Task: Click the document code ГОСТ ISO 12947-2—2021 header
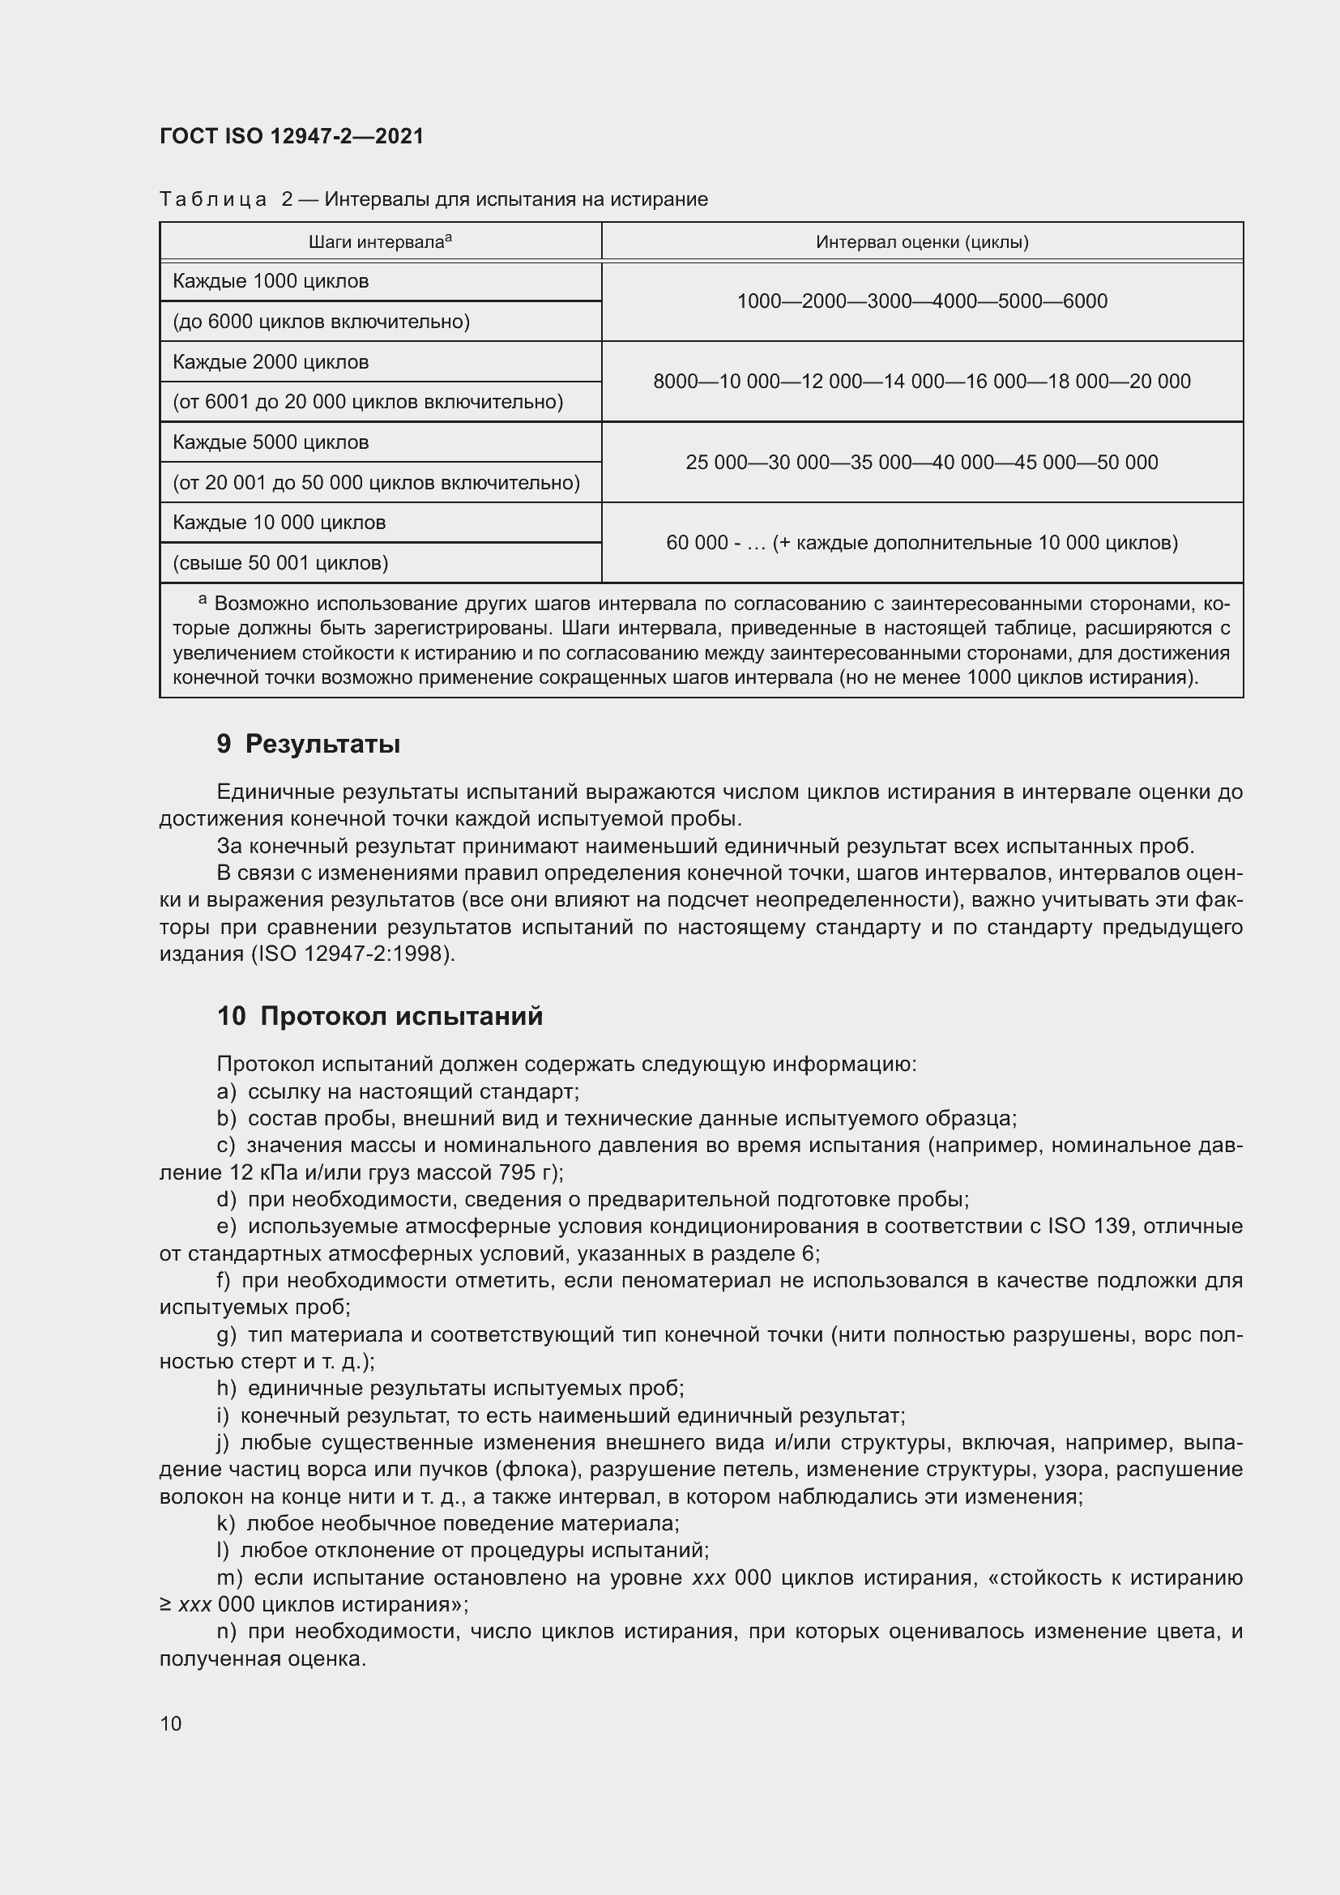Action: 292,136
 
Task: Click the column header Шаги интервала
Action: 379,241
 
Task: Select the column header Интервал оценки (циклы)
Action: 922,241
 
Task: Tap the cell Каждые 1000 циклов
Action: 271,281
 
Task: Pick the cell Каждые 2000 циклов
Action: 271,362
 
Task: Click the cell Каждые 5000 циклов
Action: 271,442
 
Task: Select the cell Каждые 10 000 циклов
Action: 279,523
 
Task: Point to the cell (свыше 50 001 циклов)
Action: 280,563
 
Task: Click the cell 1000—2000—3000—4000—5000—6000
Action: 922,301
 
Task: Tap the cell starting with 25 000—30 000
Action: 922,462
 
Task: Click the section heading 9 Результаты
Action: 309,745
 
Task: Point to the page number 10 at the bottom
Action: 171,1724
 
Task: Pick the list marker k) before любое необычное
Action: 226,1524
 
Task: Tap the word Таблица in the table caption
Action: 213,200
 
